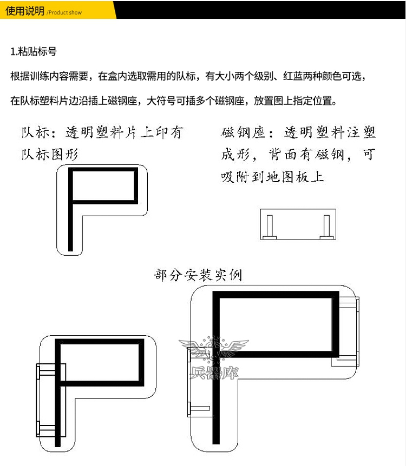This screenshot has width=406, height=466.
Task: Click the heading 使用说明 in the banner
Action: coord(25,11)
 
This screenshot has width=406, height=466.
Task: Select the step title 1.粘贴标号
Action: coord(34,52)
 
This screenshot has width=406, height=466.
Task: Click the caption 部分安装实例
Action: coord(198,275)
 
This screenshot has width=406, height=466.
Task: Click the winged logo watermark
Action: coord(214,348)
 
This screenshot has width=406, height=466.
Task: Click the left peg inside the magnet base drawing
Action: coord(270,227)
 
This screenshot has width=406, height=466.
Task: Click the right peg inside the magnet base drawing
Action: coord(326,227)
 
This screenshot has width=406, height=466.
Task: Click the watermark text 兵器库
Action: coord(214,372)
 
